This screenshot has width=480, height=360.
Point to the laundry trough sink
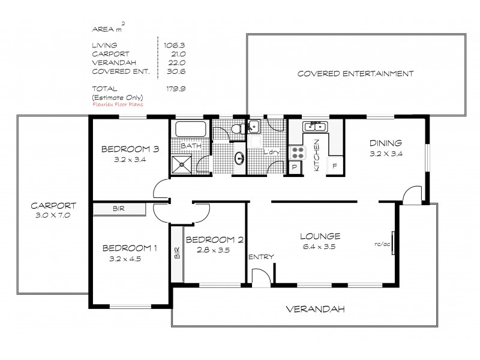(254, 126)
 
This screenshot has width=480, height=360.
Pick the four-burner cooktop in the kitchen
(297, 152)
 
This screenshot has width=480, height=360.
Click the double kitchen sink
(314, 127)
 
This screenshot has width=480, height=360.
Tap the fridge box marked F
(334, 166)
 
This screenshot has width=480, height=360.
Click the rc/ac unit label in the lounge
(379, 244)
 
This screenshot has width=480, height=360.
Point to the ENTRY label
(262, 257)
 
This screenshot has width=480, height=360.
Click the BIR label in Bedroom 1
(119, 209)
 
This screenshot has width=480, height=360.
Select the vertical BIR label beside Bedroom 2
(176, 252)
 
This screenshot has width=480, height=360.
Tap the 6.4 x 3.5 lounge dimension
(322, 245)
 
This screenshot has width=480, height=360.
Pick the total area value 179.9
(172, 88)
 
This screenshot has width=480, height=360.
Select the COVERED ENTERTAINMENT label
(356, 74)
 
